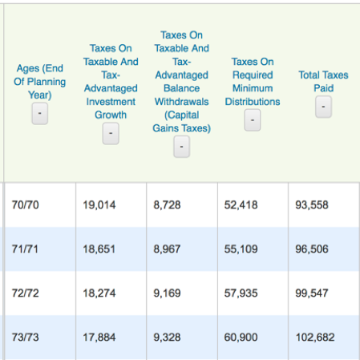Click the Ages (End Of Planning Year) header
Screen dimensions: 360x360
40,82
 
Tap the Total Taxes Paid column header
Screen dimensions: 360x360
323,82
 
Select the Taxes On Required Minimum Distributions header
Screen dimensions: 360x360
253,82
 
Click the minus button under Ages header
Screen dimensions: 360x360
40,114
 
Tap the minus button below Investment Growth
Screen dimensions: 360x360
111,133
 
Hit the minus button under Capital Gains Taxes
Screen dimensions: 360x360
181,147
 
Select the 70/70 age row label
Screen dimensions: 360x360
26,205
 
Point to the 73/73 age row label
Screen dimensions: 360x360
26,338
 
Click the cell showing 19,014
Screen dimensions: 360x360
99,205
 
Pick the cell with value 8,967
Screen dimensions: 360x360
167,249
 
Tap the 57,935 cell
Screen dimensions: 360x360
241,293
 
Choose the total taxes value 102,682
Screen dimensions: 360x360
315,338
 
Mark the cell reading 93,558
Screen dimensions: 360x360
312,205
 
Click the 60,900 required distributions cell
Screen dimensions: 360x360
241,338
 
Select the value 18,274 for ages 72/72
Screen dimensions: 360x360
99,293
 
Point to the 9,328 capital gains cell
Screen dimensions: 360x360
167,338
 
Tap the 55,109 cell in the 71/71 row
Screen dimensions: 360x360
241,249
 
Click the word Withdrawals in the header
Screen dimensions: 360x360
181,102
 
